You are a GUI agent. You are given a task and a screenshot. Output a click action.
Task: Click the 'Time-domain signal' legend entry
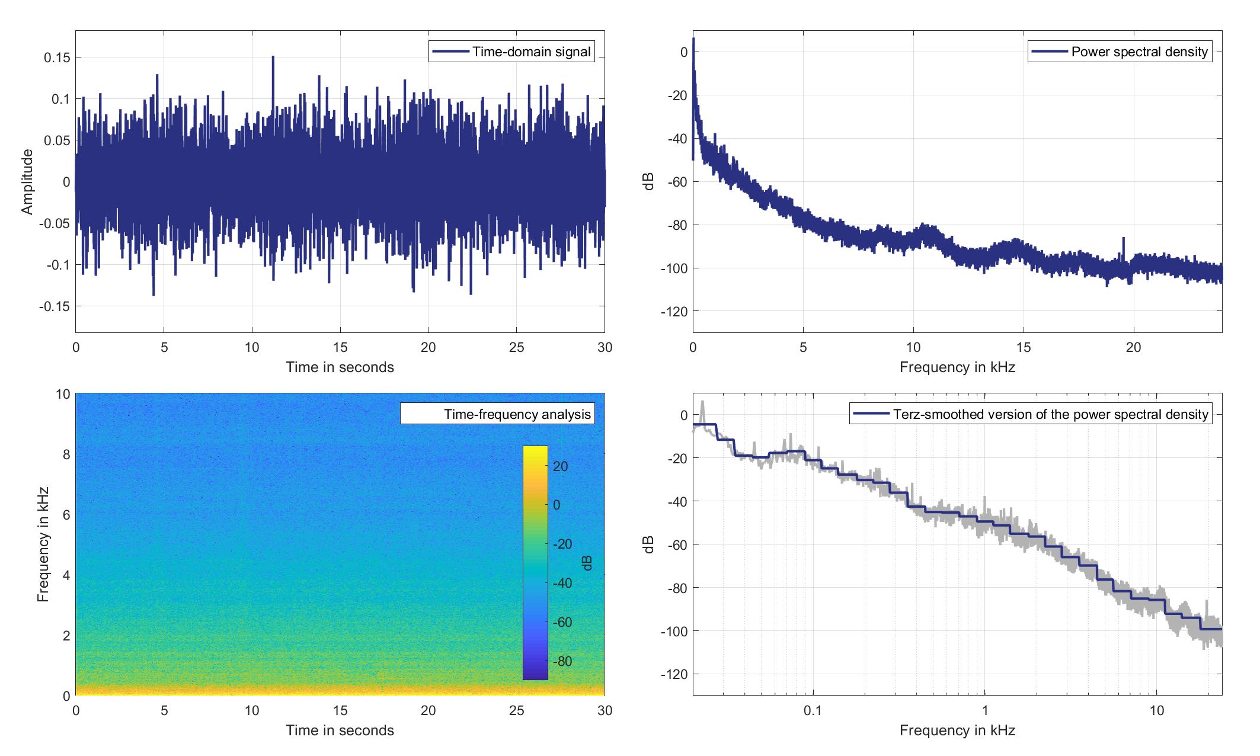pos(511,52)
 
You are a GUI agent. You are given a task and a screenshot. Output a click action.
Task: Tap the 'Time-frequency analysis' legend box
pos(497,414)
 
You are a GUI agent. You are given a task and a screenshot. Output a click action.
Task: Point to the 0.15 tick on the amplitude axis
pos(56,57)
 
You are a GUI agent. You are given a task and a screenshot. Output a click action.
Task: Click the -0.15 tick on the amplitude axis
pos(54,306)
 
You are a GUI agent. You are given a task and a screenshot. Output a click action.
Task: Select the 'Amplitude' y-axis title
pos(27,182)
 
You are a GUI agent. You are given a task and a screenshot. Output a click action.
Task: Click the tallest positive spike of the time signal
pos(273,57)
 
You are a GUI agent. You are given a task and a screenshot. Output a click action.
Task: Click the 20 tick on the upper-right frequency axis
pos(1134,347)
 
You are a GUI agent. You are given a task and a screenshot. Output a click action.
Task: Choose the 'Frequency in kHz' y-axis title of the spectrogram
pos(43,544)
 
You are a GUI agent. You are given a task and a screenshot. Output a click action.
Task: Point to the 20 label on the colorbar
pos(561,466)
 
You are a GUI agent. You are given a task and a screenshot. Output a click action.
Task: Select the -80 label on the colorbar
pos(561,661)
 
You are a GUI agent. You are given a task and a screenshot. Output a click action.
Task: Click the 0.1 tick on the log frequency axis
pos(813,710)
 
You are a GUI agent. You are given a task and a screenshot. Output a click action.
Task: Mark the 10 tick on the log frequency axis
pos(1156,710)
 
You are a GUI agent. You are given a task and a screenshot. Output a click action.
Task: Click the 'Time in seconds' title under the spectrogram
pos(340,731)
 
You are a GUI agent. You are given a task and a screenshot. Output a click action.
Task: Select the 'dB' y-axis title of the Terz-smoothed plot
pos(650,544)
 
